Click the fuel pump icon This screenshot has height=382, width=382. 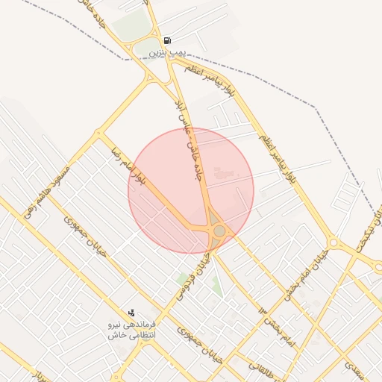click(166, 40)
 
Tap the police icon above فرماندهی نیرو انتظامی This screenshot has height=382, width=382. click(131, 313)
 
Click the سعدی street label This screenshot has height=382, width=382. click(353, 366)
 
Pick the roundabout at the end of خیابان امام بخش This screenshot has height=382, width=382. click(334, 243)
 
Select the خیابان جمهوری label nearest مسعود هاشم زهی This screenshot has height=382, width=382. click(86, 238)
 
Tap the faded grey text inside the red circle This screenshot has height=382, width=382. click(223, 173)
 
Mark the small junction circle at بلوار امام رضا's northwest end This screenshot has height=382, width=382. click(98, 134)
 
